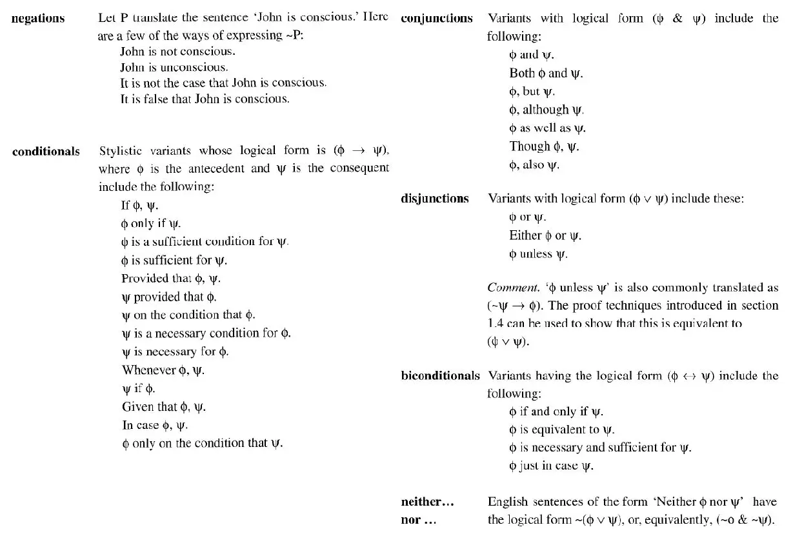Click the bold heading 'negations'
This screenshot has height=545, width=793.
[x=39, y=18]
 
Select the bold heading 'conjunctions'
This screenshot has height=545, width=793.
[x=437, y=18]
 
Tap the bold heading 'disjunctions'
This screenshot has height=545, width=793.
[x=435, y=199]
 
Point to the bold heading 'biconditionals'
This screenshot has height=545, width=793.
[x=441, y=375]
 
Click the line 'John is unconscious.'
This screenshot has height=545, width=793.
[x=174, y=67]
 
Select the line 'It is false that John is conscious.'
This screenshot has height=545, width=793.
[x=205, y=99]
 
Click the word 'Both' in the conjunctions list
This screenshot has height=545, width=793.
[x=521, y=73]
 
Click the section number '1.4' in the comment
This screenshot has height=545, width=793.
[x=496, y=324]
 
